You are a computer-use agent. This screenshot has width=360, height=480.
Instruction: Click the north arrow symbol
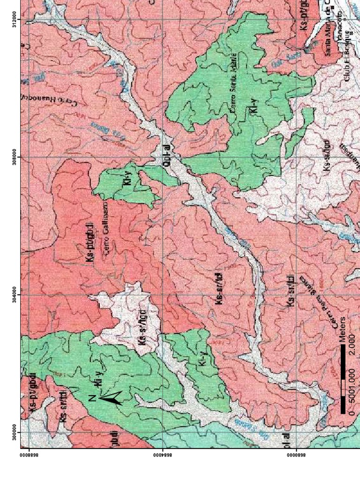[111, 398]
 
